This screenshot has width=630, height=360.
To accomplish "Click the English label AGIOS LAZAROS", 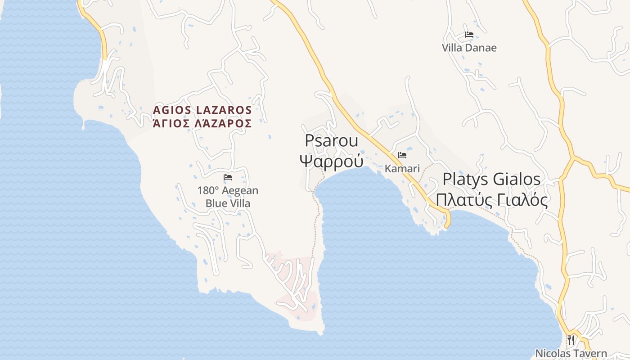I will (202, 110).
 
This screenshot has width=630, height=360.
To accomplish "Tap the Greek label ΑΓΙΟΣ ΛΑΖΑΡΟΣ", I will (202, 123).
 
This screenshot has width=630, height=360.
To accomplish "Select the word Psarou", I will (332, 141).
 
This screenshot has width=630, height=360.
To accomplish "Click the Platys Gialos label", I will (491, 179).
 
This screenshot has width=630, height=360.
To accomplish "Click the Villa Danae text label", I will (469, 48).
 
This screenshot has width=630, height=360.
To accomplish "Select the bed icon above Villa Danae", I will (469, 35).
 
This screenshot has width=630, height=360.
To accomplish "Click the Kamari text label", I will (402, 169).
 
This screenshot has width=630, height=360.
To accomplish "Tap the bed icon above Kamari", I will (402, 155).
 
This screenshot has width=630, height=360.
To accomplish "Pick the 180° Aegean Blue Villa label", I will (228, 197).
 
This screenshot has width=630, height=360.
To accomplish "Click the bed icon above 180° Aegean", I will (228, 177).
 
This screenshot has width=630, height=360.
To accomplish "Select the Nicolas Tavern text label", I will (571, 354).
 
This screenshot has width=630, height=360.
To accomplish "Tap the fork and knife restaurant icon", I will (571, 340).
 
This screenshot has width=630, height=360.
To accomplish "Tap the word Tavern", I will (590, 354).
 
